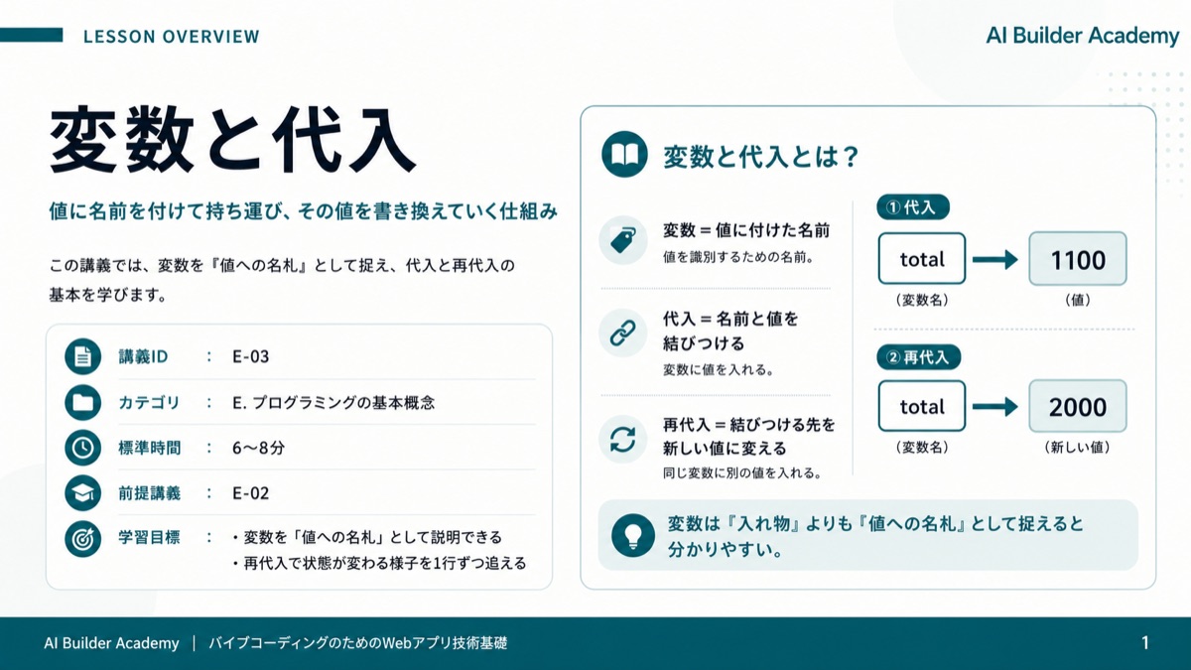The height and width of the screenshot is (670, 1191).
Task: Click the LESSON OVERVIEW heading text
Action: point(171,36)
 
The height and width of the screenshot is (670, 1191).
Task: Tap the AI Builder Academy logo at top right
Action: point(1083,36)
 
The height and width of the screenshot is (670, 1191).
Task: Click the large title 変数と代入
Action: point(232,140)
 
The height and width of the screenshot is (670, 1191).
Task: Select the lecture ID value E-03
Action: point(250,356)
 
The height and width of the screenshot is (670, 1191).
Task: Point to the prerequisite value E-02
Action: point(250,493)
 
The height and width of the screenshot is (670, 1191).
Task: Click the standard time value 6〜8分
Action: point(258,448)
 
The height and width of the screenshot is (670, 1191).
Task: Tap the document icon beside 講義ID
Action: point(83,356)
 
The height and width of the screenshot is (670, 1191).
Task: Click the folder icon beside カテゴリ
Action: point(83,402)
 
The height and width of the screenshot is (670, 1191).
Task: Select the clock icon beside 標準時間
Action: point(83,448)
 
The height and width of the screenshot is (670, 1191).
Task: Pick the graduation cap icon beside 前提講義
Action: point(83,493)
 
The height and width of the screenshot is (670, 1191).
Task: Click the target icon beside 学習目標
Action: point(83,539)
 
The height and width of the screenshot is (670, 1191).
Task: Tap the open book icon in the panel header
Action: point(624,154)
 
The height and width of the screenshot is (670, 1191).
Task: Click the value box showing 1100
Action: point(1078,259)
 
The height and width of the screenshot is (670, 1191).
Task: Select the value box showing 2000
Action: point(1078,406)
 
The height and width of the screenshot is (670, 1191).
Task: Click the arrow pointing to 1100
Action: point(995,259)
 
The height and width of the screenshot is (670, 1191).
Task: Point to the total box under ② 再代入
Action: point(922,406)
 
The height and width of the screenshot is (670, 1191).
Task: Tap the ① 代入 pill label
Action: point(913,206)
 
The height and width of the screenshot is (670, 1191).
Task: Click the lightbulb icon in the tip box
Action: point(633,535)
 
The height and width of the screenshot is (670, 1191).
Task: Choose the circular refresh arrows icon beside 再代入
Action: point(623,439)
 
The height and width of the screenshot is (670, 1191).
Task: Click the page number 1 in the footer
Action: point(1145,643)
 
